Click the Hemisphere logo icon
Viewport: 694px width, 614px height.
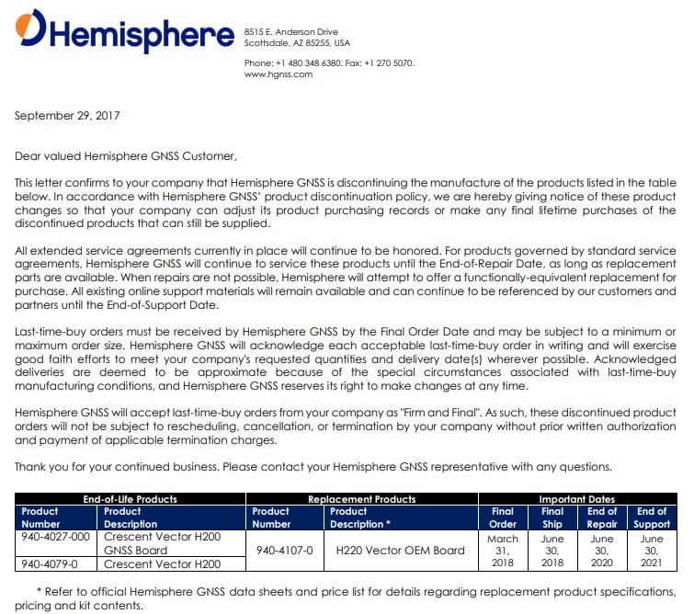click(31, 28)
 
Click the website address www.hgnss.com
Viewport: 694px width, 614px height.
click(279, 74)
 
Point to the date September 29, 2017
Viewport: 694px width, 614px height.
click(67, 116)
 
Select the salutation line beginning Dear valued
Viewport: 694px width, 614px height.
click(126, 155)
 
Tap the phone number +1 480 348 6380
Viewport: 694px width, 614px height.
click(310, 63)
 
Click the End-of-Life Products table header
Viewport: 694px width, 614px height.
click(130, 499)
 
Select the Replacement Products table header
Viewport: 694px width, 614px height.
click(361, 499)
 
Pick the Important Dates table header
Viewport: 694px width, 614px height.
click(577, 499)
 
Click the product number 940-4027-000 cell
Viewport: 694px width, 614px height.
click(56, 537)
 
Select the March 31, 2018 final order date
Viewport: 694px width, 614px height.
click(503, 551)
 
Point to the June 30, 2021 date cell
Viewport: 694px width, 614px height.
click(652, 551)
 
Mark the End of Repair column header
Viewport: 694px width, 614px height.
click(602, 517)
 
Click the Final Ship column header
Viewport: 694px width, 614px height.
click(552, 517)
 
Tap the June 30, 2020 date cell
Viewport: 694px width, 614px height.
click(602, 551)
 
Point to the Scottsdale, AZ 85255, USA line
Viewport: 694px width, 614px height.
click(297, 42)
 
